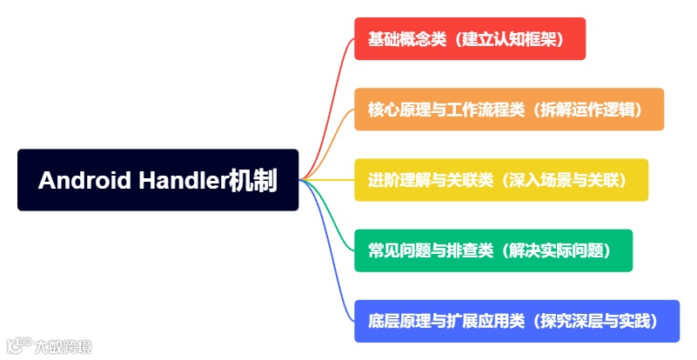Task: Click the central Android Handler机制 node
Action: point(157,180)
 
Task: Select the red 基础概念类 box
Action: point(470,39)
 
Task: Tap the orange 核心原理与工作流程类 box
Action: point(509,110)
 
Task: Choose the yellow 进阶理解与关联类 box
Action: point(500,180)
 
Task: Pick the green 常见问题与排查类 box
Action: point(493,250)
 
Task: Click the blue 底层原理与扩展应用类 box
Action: point(517,321)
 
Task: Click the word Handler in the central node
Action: point(183,181)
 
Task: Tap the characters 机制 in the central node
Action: point(253,181)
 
